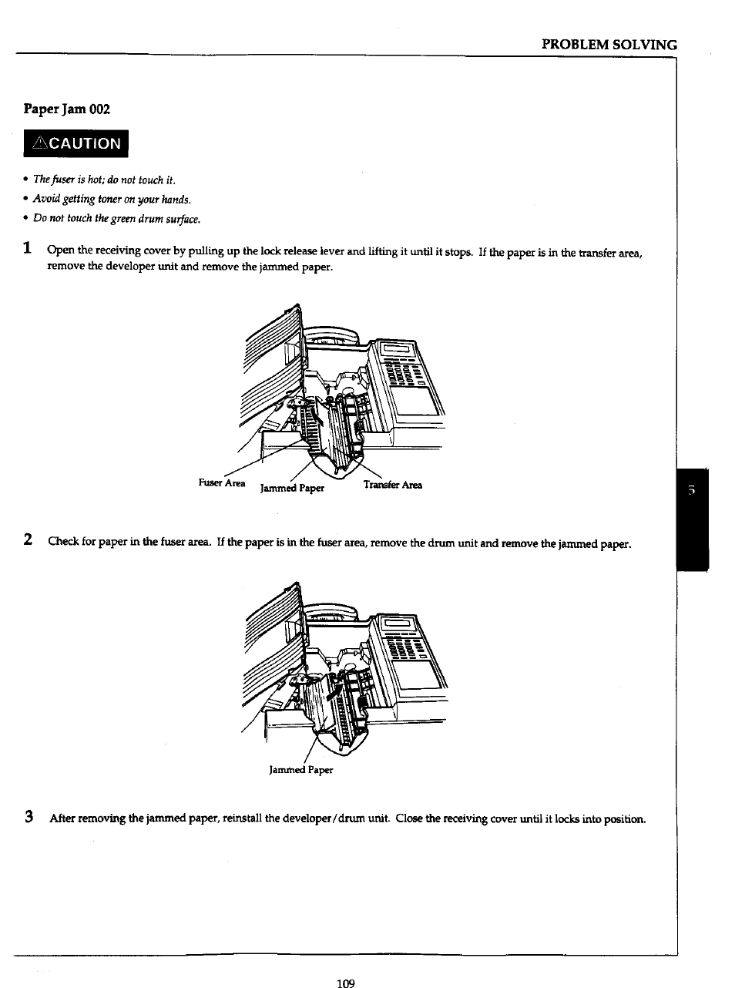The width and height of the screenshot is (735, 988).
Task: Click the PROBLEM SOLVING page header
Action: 609,44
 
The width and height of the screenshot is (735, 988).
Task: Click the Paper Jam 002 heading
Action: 67,109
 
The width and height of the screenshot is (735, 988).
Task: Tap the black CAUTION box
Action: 76,144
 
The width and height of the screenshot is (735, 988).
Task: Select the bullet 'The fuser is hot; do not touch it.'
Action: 104,180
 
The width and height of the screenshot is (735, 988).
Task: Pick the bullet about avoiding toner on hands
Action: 112,200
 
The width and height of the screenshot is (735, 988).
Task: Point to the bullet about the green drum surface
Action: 116,219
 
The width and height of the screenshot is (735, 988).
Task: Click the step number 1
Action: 28,249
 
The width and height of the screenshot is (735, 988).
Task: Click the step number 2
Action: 28,540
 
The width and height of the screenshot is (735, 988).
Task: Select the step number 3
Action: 29,817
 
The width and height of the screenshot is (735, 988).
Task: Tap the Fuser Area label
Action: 221,483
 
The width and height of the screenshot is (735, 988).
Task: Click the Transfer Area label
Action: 393,485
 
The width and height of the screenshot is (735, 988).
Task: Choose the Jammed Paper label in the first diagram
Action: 292,488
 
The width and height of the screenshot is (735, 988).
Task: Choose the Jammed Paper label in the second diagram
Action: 300,770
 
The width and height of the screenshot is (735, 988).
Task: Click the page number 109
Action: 345,983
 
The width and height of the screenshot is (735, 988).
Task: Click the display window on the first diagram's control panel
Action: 397,351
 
